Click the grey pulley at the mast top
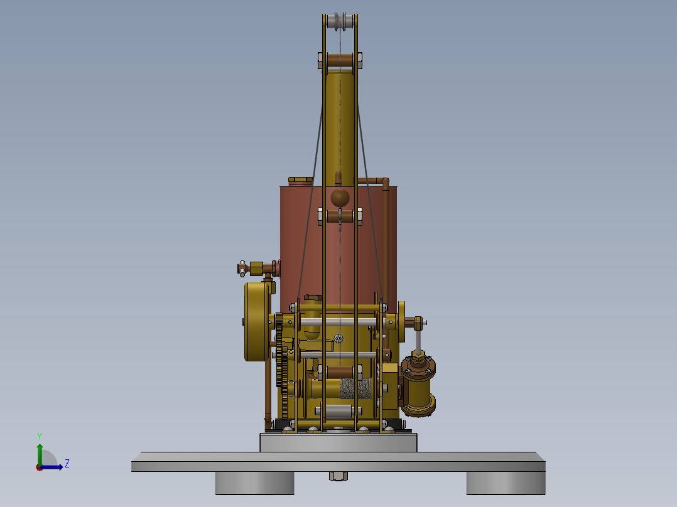click(340, 21)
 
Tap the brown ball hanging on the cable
click(340, 198)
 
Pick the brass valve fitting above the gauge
click(256, 269)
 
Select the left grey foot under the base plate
click(254, 483)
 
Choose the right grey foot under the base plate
click(505, 483)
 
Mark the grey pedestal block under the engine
click(338, 442)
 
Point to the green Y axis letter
click(39, 435)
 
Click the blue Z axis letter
click(67, 464)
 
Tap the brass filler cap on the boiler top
click(300, 181)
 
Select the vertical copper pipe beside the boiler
click(386, 251)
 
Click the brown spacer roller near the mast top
click(340, 61)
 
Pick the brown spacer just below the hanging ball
click(340, 216)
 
